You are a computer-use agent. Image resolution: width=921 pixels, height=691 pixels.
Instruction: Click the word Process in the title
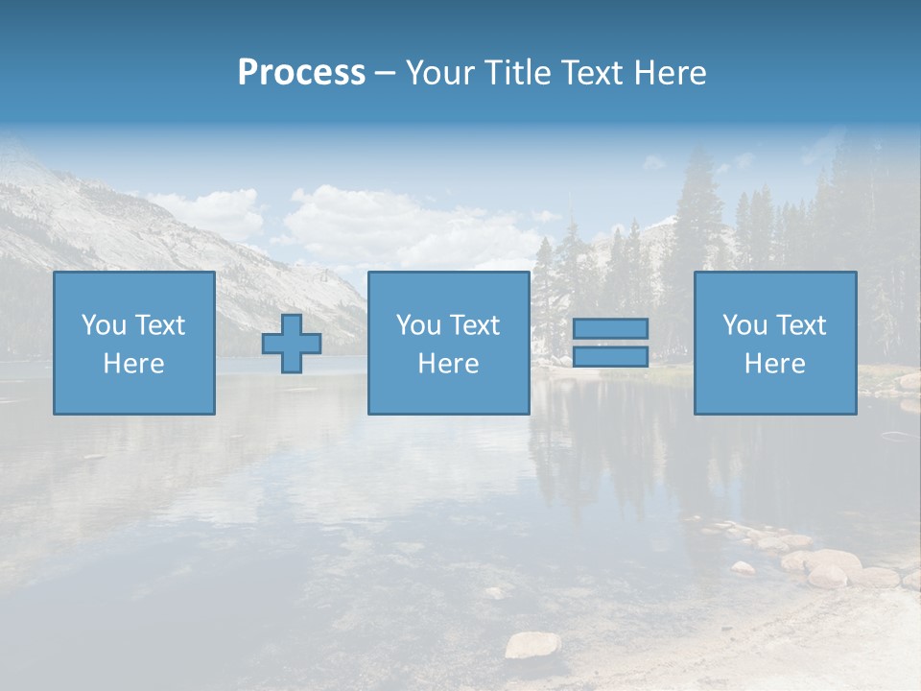pyautogui.click(x=301, y=73)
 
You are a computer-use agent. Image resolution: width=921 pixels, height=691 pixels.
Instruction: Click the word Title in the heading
pyautogui.click(x=518, y=73)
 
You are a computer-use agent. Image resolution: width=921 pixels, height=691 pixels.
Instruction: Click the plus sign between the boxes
pyautogui.click(x=292, y=344)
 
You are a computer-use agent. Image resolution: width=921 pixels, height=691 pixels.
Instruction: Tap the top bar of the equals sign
pyautogui.click(x=610, y=328)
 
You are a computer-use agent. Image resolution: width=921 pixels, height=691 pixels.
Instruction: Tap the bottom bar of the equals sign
pyautogui.click(x=610, y=357)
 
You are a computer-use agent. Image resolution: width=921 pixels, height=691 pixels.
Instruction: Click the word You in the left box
pyautogui.click(x=103, y=325)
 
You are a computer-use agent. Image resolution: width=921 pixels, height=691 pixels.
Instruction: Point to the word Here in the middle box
pyautogui.click(x=448, y=364)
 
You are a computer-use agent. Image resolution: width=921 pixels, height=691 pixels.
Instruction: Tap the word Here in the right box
pyautogui.click(x=775, y=364)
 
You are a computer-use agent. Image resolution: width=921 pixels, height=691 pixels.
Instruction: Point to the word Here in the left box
pyautogui.click(x=133, y=364)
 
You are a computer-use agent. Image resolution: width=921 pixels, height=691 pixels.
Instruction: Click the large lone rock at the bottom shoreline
pyautogui.click(x=532, y=644)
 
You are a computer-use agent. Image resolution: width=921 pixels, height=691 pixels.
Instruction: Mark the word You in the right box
pyautogui.click(x=744, y=325)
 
